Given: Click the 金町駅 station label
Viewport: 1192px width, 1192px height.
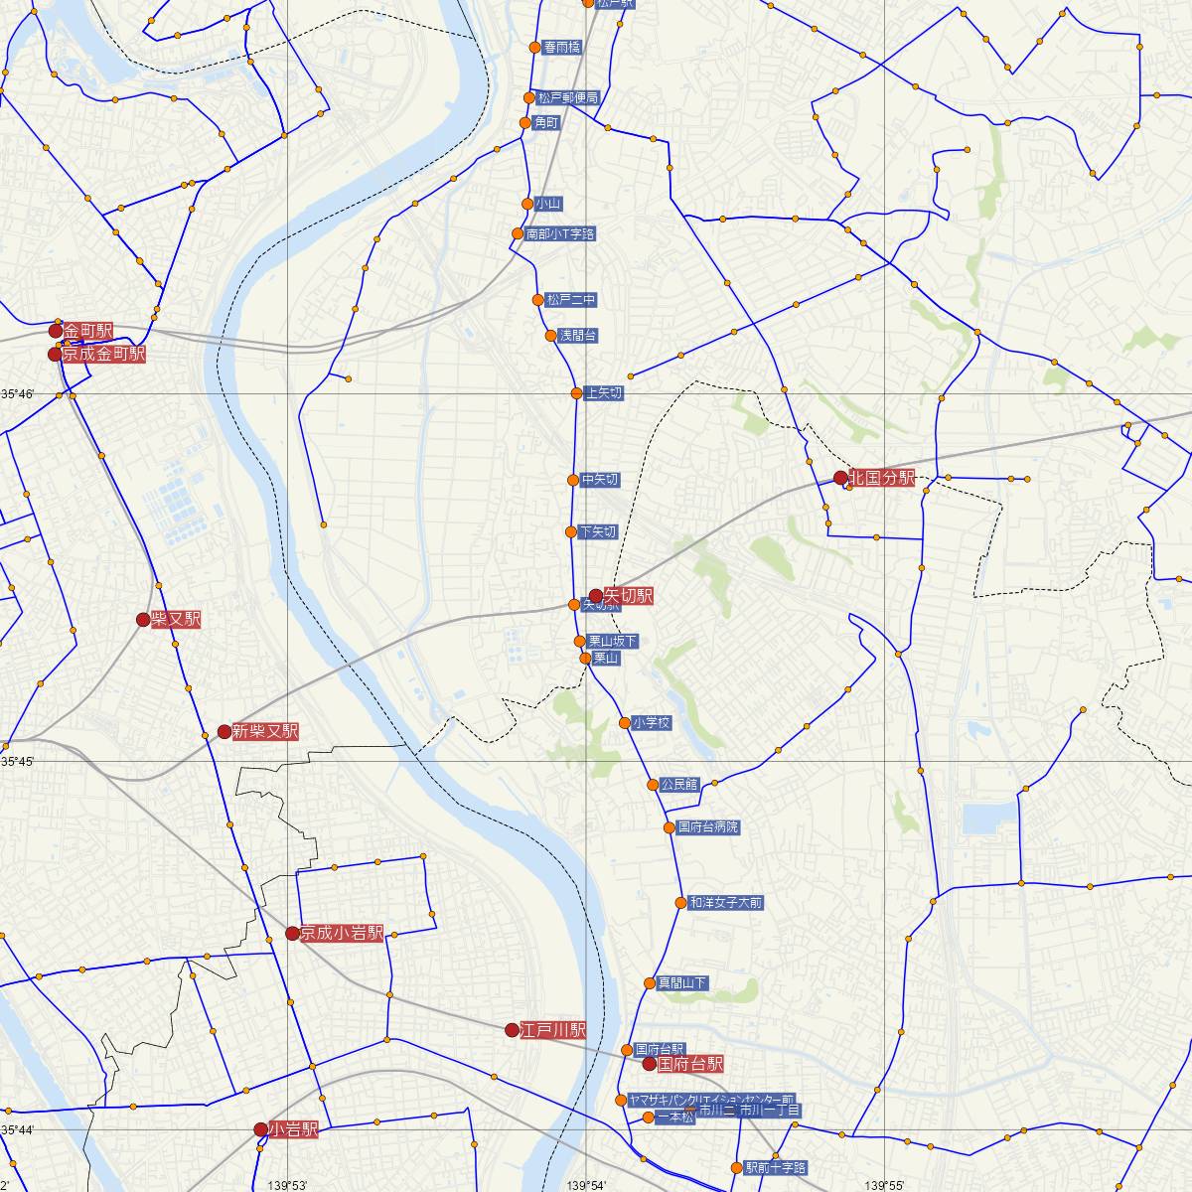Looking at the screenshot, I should pyautogui.click(x=88, y=330).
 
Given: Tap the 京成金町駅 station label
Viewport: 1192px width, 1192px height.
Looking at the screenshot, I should pyautogui.click(x=102, y=354).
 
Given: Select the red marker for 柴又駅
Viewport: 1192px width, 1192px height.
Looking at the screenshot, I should pyautogui.click(x=143, y=620).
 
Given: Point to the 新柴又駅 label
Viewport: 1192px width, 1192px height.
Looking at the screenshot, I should pyautogui.click(x=265, y=732).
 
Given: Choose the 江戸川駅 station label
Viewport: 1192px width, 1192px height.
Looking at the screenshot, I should pyautogui.click(x=553, y=1030).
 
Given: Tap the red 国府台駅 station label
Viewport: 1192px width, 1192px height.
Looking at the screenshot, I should pyautogui.click(x=690, y=1064).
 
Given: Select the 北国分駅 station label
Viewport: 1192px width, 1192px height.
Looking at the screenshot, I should pyautogui.click(x=881, y=478).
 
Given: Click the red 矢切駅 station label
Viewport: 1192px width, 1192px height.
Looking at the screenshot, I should pyautogui.click(x=628, y=596).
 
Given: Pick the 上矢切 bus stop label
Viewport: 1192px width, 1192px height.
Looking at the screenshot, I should pyautogui.click(x=604, y=393).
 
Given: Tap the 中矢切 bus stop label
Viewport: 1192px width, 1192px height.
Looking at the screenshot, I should pyautogui.click(x=600, y=480).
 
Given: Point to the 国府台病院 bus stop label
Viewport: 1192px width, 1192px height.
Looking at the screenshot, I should pyautogui.click(x=708, y=827).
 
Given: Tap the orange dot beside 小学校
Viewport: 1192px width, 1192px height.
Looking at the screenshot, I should pyautogui.click(x=625, y=723).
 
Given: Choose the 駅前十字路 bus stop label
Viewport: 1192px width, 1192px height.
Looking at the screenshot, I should pyautogui.click(x=776, y=1167).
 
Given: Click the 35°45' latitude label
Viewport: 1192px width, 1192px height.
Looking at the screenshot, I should pyautogui.click(x=18, y=761).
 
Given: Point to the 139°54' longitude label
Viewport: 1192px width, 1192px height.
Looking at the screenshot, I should pyautogui.click(x=586, y=1185).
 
